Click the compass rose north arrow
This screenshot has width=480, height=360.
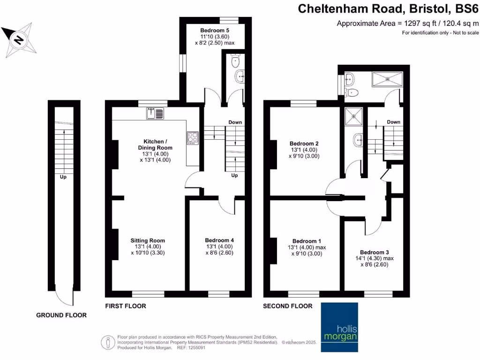[x=19, y=40]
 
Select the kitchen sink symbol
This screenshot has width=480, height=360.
[x=155, y=113]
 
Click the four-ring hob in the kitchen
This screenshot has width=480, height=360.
[x=193, y=137]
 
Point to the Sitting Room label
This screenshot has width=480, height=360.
[x=148, y=240]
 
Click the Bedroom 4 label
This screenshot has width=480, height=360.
[x=219, y=240]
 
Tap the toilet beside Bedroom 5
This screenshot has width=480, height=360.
[x=236, y=61]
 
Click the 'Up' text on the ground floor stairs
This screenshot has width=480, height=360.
[x=62, y=178]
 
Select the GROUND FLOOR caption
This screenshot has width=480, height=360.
[x=61, y=315]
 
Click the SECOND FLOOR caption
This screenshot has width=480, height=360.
[x=287, y=306]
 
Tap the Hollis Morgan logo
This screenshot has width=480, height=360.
[x=339, y=327]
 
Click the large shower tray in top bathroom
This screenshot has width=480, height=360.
[x=387, y=79]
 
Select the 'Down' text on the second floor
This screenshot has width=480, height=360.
[x=393, y=122]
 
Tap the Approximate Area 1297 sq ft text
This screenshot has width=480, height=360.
[x=408, y=23]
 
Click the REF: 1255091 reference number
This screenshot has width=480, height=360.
[x=191, y=348]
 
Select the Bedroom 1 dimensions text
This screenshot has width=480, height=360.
[x=307, y=251]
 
